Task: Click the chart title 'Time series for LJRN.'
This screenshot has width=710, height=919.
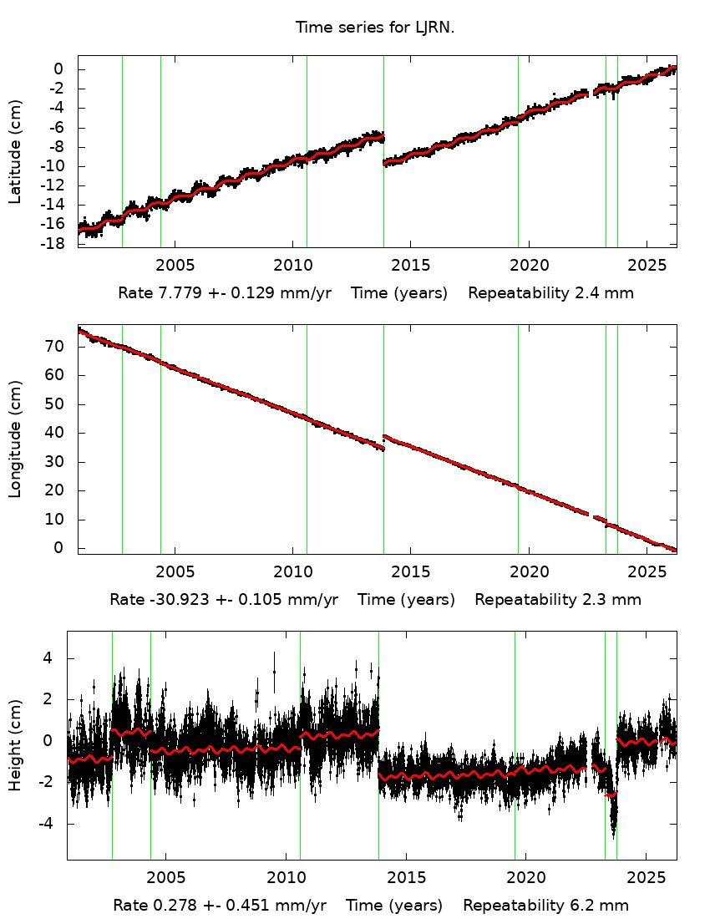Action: click(374, 28)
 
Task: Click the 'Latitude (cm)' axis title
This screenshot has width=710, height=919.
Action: click(15, 151)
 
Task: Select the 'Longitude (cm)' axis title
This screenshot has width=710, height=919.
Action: click(15, 439)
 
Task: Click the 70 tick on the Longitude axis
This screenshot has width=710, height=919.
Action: click(58, 347)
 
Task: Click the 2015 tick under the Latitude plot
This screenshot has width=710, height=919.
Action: click(411, 266)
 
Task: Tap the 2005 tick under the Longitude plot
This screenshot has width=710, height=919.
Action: click(175, 572)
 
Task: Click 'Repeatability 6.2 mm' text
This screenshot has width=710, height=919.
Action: click(545, 906)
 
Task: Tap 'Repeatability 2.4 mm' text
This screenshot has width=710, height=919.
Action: click(550, 293)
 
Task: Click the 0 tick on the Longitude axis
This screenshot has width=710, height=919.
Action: click(58, 548)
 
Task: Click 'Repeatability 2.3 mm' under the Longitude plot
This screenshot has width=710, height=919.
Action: click(558, 600)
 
